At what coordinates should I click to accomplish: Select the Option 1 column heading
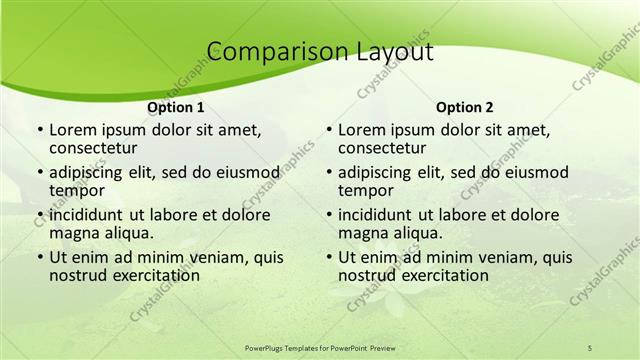[x=175, y=107]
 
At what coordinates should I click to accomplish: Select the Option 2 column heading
[x=464, y=107]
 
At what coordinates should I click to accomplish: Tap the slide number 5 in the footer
[x=590, y=347]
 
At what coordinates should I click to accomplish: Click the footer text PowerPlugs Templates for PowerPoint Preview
[x=319, y=347]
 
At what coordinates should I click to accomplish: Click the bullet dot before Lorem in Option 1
[x=39, y=130]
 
